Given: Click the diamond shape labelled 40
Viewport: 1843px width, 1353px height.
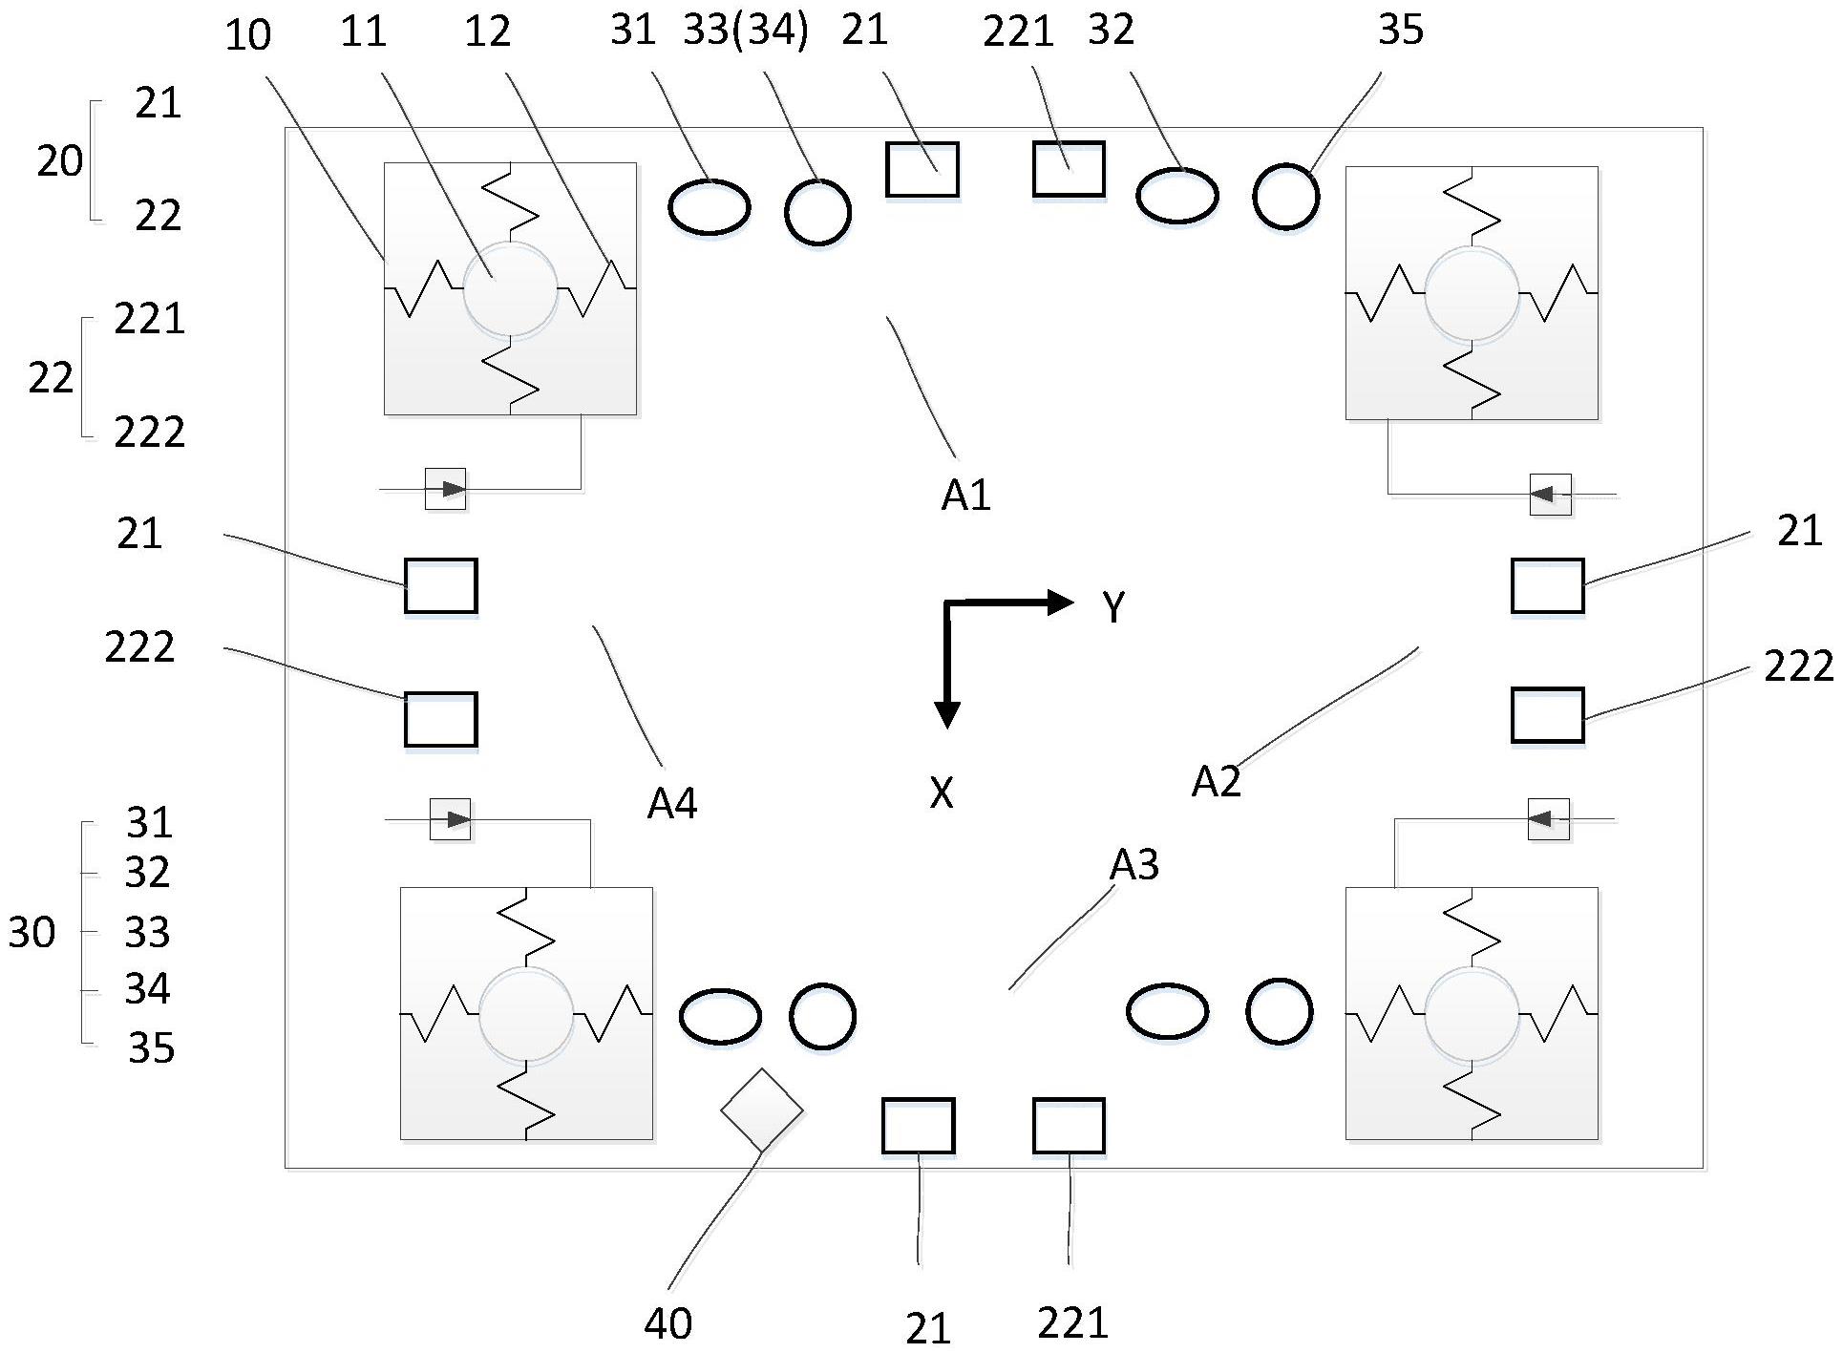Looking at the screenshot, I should pyautogui.click(x=761, y=1110).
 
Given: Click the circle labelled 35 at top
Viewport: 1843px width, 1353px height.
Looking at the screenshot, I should pyautogui.click(x=1285, y=197).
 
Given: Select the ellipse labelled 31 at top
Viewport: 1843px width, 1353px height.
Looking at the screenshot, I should pyautogui.click(x=709, y=207).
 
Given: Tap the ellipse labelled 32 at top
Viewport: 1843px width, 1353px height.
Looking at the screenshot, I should pyautogui.click(x=1176, y=196).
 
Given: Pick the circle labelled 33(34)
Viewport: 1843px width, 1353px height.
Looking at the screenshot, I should pyautogui.click(x=817, y=212).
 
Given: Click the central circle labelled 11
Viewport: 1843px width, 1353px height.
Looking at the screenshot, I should pyautogui.click(x=510, y=289).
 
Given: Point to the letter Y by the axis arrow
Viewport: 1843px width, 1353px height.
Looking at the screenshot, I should pyautogui.click(x=1113, y=607).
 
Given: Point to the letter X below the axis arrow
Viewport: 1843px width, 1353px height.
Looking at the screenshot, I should pyautogui.click(x=942, y=793).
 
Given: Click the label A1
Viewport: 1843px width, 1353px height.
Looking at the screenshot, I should pyautogui.click(x=965, y=496).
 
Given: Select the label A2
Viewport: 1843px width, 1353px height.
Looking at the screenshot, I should pyautogui.click(x=1216, y=782).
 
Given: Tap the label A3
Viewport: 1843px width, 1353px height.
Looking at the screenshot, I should pyautogui.click(x=1133, y=865).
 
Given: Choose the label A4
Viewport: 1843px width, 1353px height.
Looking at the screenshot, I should pyautogui.click(x=672, y=805).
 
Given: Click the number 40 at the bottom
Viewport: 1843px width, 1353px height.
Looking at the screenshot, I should pyautogui.click(x=667, y=1324).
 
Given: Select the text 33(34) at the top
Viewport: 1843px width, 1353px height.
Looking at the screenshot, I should pyautogui.click(x=746, y=31).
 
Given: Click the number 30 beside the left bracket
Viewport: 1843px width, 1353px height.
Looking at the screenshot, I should pyautogui.click(x=32, y=933).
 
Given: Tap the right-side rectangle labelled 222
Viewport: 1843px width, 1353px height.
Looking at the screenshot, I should pyautogui.click(x=1547, y=715).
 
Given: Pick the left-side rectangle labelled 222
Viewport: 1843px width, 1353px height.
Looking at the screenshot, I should pyautogui.click(x=440, y=720).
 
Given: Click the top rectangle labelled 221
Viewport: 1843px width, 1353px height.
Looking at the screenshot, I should pyautogui.click(x=1069, y=169).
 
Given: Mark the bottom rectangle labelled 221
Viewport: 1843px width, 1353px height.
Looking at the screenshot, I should pyautogui.click(x=1069, y=1126).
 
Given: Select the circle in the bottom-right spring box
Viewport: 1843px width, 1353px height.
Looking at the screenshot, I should pyautogui.click(x=1471, y=1014).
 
